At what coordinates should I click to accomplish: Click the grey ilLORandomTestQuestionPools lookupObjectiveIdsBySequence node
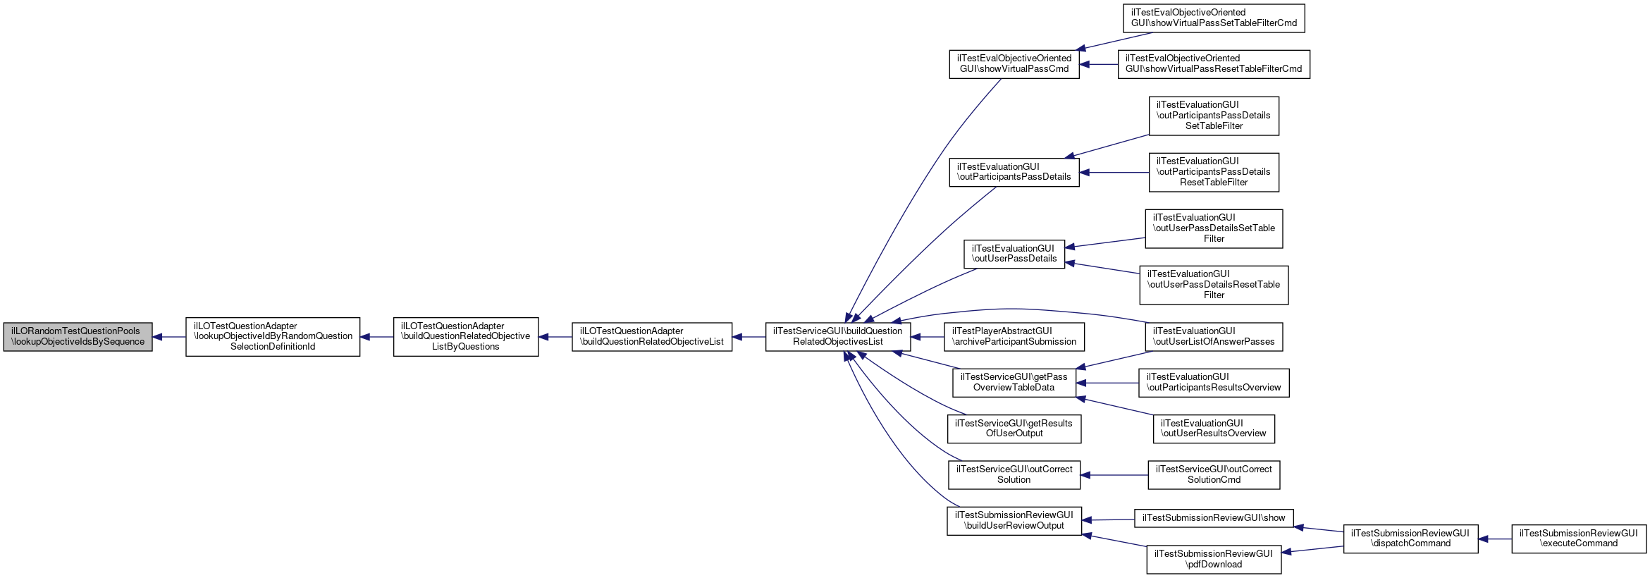(x=78, y=337)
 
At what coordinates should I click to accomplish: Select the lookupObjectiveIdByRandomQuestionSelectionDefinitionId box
(x=273, y=336)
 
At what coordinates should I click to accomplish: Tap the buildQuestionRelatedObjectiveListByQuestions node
(x=466, y=336)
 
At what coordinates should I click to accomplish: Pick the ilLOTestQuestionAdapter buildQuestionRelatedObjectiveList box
(x=652, y=337)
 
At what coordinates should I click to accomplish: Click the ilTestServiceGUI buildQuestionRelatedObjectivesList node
(x=838, y=337)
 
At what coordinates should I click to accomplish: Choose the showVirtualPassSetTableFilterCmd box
(x=1214, y=18)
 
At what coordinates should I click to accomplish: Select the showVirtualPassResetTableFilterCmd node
(x=1214, y=64)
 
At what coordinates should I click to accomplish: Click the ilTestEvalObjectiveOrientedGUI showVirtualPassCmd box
(x=1014, y=64)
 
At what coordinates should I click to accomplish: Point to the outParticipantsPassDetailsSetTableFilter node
(x=1214, y=116)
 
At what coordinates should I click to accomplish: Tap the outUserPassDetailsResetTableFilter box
(x=1214, y=285)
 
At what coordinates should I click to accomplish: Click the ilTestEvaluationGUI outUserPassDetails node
(x=1014, y=254)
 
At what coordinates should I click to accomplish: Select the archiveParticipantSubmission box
(x=1014, y=337)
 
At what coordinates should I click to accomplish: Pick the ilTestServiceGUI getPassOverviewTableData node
(x=1014, y=383)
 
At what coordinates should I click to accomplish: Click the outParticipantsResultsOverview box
(x=1214, y=383)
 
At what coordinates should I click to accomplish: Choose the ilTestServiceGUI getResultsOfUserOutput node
(x=1014, y=429)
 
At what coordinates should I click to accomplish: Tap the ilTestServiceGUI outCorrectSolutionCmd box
(x=1214, y=475)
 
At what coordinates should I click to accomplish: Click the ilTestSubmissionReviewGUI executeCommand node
(x=1579, y=539)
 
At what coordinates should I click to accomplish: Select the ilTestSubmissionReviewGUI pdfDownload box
(x=1214, y=559)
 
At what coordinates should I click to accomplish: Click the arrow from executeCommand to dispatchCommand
(x=1495, y=539)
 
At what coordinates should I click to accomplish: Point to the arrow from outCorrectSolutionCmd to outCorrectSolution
(x=1114, y=475)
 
